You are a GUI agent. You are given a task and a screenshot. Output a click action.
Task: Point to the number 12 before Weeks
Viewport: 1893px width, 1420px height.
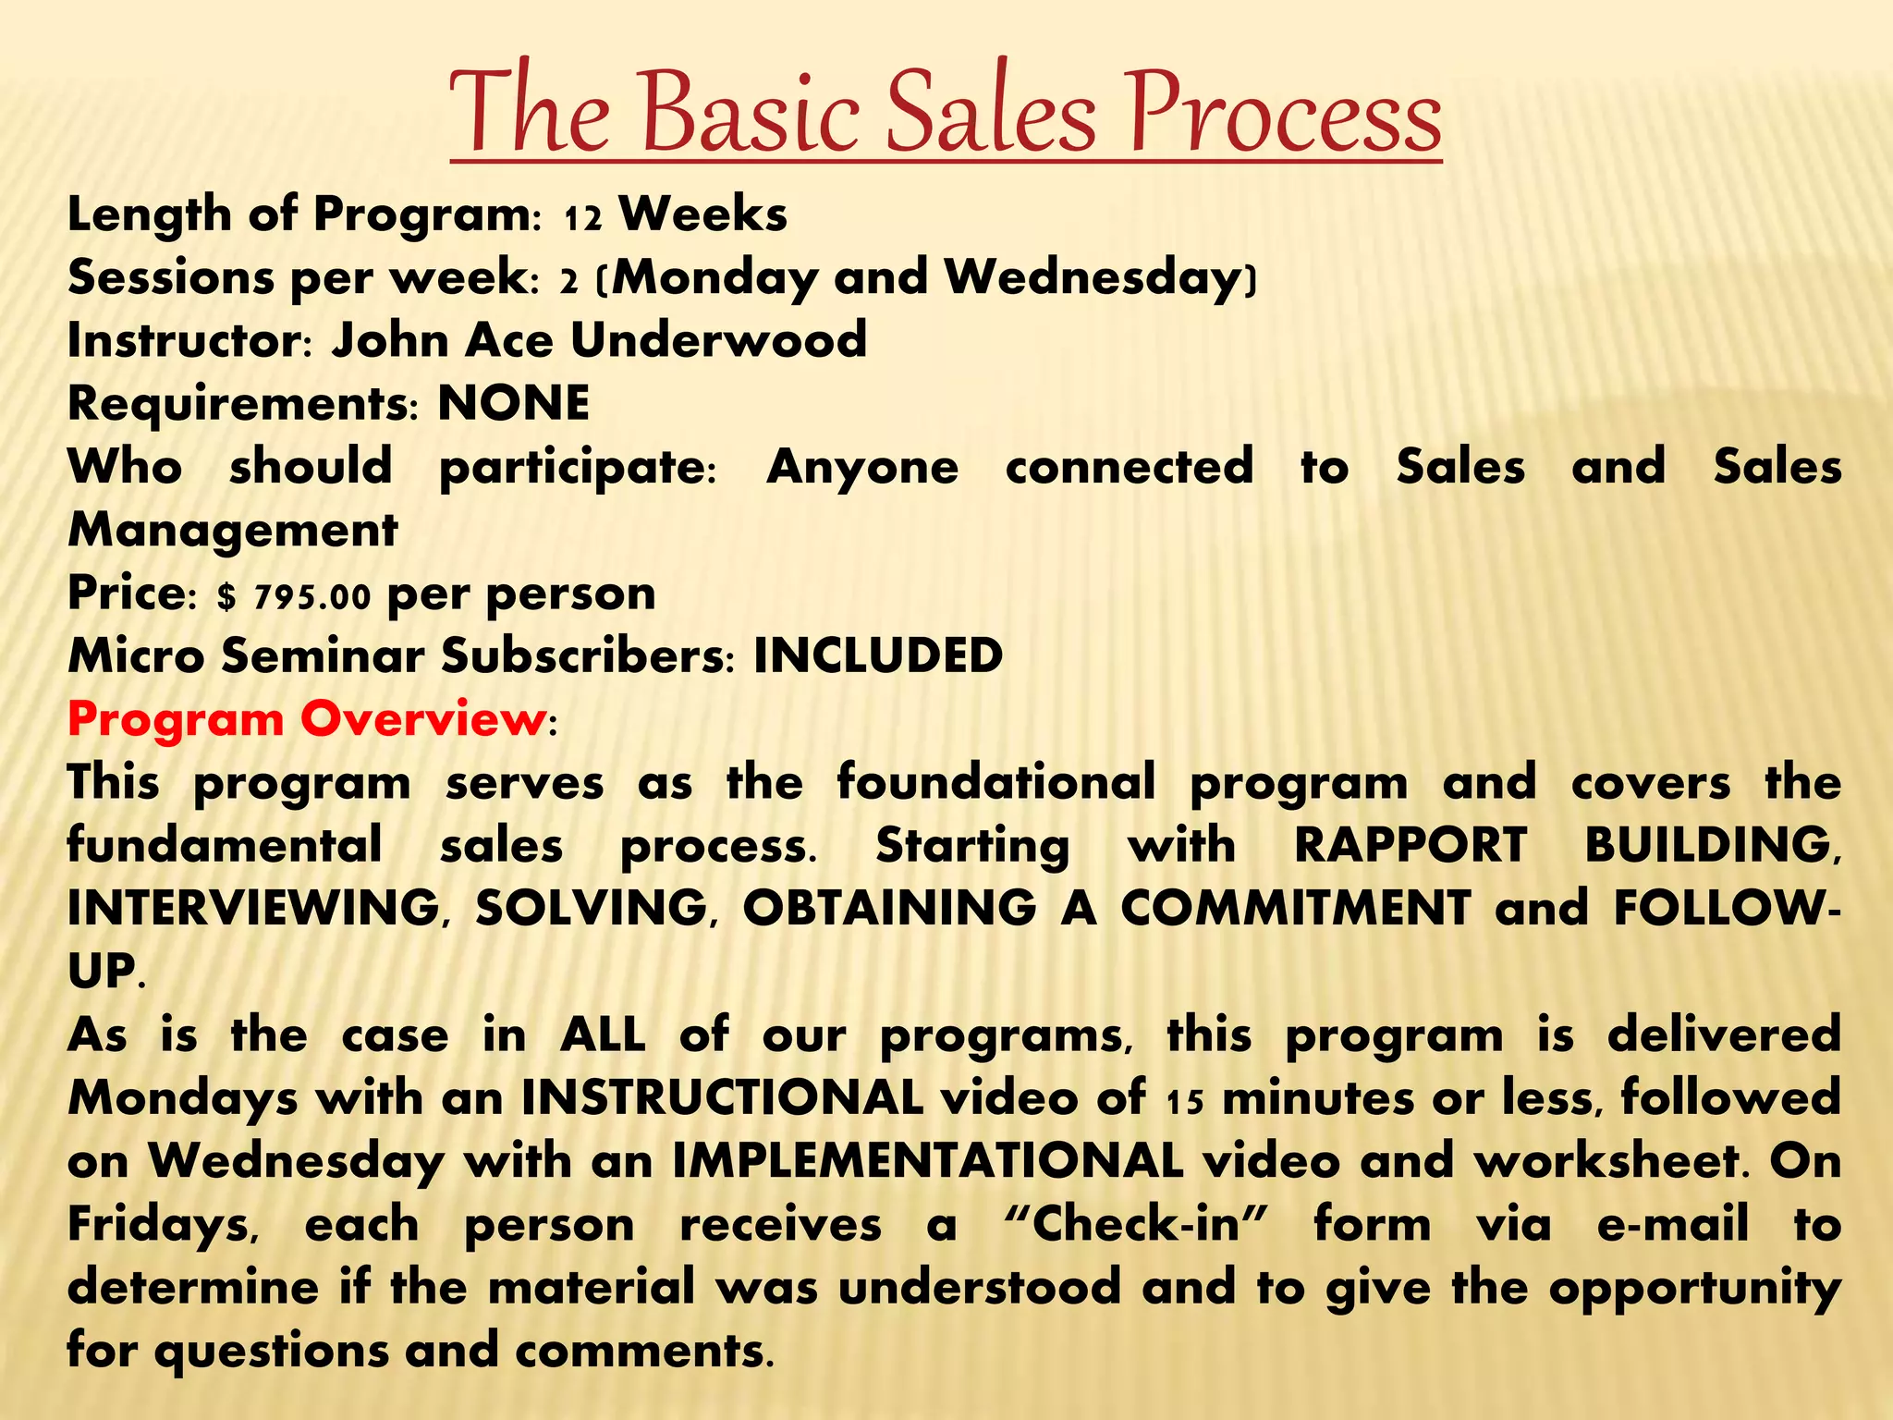(x=583, y=218)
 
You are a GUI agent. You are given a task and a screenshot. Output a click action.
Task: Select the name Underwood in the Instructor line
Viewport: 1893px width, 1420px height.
(x=718, y=340)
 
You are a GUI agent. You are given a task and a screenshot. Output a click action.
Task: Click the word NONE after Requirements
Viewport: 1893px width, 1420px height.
(x=513, y=403)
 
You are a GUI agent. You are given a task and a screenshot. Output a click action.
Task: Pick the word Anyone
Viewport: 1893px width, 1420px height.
(x=862, y=467)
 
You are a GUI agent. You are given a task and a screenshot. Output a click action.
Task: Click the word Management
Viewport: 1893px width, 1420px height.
(x=232, y=531)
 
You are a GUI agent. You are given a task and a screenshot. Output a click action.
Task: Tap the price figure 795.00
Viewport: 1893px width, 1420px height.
(x=312, y=597)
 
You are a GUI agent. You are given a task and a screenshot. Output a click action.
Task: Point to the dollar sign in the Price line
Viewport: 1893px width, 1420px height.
(x=226, y=597)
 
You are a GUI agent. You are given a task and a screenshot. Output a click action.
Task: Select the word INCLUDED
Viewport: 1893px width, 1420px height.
(x=878, y=656)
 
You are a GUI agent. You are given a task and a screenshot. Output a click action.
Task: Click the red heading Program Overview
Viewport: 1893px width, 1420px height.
(x=306, y=719)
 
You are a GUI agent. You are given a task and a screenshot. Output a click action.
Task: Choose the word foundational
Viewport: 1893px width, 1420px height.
(x=996, y=782)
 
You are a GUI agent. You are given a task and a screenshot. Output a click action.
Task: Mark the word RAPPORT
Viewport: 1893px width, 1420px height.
(x=1410, y=845)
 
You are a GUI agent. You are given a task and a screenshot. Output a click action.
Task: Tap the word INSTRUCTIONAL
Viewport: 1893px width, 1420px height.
(x=722, y=1098)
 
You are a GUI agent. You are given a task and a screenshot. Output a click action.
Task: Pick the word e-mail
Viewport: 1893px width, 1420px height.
(x=1672, y=1224)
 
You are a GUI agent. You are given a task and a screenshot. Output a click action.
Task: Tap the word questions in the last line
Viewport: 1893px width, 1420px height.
(x=272, y=1352)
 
